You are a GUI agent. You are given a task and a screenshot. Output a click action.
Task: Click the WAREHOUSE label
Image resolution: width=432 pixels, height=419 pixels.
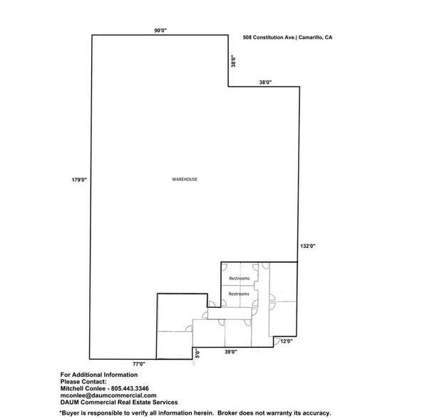185,179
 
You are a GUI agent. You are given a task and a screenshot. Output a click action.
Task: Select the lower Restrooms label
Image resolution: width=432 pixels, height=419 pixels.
239,294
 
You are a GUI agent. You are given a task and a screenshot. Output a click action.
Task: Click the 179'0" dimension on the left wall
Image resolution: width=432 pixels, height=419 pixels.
78,180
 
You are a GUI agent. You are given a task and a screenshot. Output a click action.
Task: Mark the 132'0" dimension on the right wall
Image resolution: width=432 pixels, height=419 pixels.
307,245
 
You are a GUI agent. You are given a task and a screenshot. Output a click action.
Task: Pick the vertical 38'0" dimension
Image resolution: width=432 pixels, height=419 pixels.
232,62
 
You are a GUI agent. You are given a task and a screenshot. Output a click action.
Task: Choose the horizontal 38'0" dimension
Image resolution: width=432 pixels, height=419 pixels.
265,83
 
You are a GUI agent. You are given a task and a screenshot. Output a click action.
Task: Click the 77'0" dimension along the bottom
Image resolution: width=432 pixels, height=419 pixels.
138,363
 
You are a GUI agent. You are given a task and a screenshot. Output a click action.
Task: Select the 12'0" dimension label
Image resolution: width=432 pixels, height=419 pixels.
287,341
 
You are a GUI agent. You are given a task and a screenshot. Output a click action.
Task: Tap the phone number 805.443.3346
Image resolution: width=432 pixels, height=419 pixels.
125,388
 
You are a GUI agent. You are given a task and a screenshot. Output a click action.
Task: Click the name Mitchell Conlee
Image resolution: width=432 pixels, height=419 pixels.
79,388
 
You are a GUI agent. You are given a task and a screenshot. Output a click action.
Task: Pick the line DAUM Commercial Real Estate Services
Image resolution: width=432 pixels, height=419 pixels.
116,403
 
